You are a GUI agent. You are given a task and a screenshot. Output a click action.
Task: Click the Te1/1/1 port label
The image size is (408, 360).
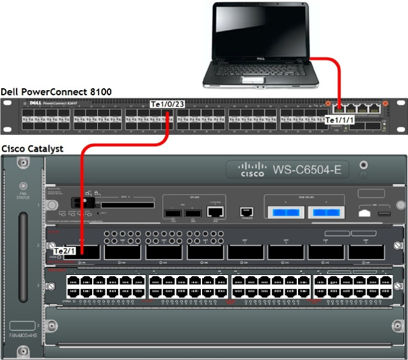point(340,120)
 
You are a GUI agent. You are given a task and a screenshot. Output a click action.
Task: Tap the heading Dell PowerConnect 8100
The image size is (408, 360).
point(56,92)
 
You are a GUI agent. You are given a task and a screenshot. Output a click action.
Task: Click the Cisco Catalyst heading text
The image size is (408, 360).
point(33,148)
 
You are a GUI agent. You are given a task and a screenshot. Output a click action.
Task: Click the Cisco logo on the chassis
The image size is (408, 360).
point(251,170)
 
